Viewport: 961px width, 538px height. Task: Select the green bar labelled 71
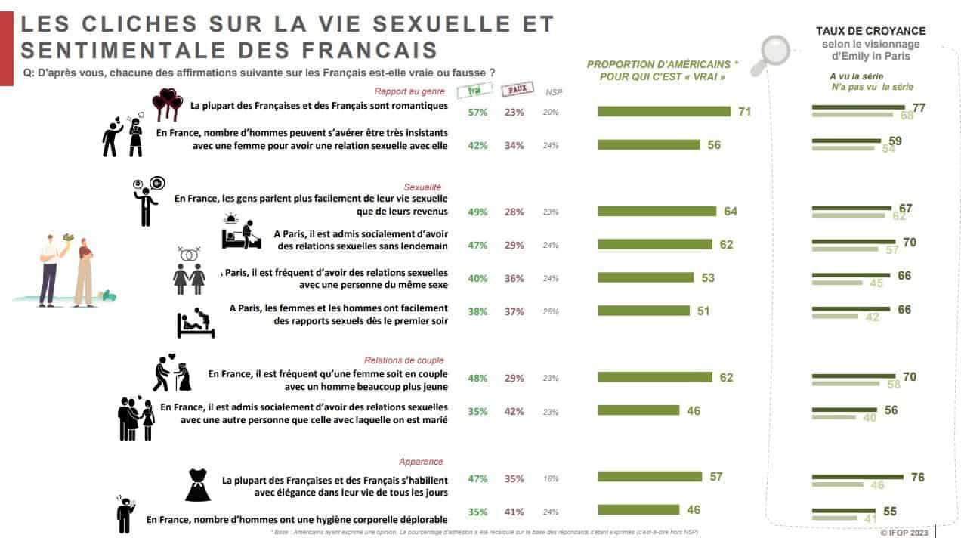point(664,112)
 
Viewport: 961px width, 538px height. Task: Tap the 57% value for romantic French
point(477,112)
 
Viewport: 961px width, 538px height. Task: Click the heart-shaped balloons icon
point(167,104)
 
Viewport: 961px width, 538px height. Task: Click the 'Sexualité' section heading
point(423,187)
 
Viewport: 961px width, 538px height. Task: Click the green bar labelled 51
point(644,311)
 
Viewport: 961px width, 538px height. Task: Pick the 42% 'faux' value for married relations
point(514,412)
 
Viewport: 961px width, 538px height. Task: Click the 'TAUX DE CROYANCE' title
point(870,31)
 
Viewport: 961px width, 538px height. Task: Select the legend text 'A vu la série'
point(856,76)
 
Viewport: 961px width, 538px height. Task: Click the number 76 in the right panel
point(917,477)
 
